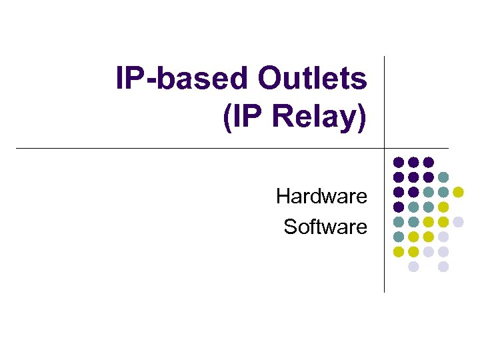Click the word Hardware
321,197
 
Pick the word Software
325,227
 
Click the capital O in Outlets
270,79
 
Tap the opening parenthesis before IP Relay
223,117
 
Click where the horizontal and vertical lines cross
385,148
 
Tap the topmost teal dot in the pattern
443,177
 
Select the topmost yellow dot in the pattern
458,192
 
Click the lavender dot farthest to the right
458,222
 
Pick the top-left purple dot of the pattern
398,162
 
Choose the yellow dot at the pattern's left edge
398,252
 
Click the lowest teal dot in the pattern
398,237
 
